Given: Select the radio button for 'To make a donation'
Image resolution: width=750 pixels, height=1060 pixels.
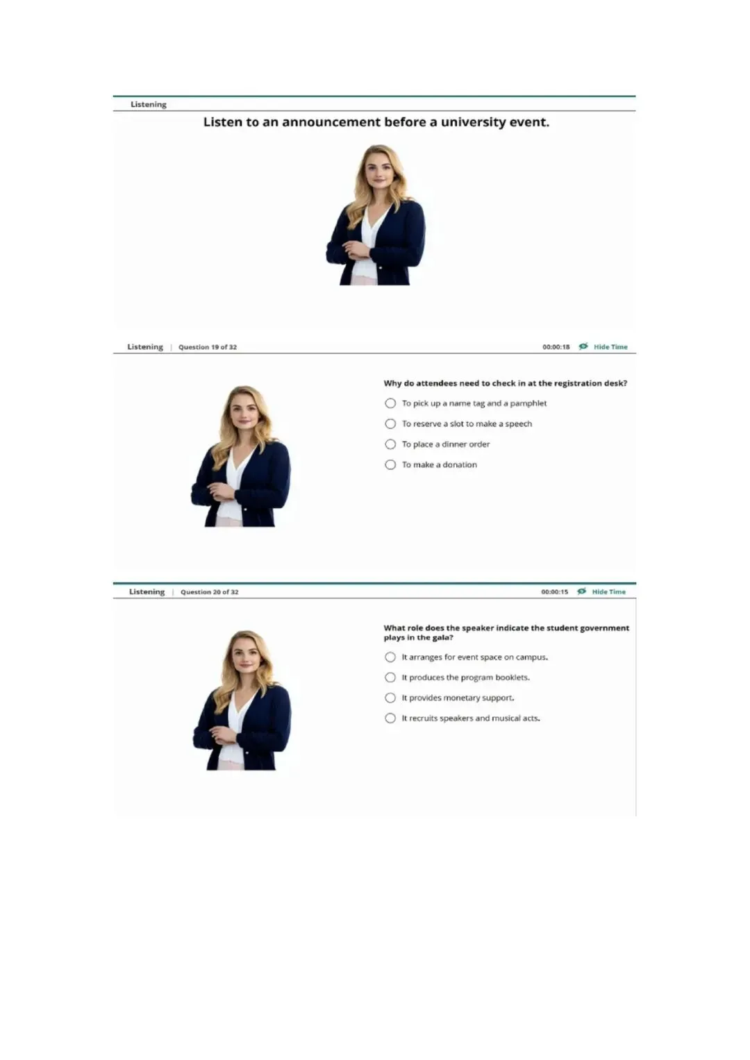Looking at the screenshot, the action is pyautogui.click(x=390, y=464).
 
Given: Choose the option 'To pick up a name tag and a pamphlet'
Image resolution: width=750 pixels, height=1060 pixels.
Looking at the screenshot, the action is pyautogui.click(x=390, y=403).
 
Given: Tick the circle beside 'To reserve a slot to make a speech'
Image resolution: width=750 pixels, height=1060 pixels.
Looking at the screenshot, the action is pyautogui.click(x=390, y=423).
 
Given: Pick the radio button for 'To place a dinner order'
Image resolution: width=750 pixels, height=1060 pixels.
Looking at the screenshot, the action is pyautogui.click(x=390, y=444).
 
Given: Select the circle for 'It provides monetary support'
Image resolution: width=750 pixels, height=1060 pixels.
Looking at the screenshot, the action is pyautogui.click(x=390, y=698).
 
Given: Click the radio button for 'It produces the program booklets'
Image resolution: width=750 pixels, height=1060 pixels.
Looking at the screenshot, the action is pyautogui.click(x=390, y=678).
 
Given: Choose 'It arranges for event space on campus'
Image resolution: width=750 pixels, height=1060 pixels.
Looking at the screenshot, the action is pyautogui.click(x=390, y=657).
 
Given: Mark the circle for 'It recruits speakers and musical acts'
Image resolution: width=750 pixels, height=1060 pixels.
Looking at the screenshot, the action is pyautogui.click(x=390, y=718).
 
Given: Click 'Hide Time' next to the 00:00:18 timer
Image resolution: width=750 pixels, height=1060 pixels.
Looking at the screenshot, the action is pyautogui.click(x=610, y=347).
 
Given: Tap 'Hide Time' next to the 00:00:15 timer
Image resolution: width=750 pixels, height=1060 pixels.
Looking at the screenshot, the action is pyautogui.click(x=608, y=591).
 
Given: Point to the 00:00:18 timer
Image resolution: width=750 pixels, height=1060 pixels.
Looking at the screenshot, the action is pyautogui.click(x=556, y=347).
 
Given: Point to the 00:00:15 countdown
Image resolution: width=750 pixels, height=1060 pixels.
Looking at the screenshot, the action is pyautogui.click(x=554, y=591).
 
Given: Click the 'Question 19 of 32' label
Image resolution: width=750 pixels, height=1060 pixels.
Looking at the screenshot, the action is pyautogui.click(x=208, y=347).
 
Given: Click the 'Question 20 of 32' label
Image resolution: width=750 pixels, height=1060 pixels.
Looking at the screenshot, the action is pyautogui.click(x=209, y=591).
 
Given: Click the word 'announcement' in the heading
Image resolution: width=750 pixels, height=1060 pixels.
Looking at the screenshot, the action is pyautogui.click(x=331, y=122).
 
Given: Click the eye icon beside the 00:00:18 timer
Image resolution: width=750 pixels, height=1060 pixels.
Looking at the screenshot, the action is pyautogui.click(x=583, y=346).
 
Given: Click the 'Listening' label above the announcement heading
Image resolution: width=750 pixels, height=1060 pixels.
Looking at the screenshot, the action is pyautogui.click(x=148, y=105).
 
